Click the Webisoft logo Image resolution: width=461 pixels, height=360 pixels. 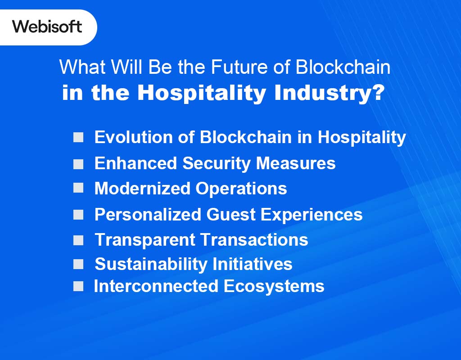[47, 27]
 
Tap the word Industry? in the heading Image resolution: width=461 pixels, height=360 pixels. [329, 93]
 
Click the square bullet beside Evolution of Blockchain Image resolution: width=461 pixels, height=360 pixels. [78, 137]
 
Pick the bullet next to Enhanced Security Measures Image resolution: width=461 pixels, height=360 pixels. [78, 164]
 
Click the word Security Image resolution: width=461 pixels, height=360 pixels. [216, 163]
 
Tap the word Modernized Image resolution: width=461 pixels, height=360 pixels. [142, 189]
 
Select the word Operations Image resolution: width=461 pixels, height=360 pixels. [241, 189]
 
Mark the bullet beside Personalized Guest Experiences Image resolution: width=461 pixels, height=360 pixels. [78, 215]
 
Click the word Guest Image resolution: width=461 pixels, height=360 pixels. [231, 214]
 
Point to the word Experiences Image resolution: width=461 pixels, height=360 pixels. [312, 215]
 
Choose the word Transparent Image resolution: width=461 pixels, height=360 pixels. [145, 240]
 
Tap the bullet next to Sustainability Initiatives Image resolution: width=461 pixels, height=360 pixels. [78, 264]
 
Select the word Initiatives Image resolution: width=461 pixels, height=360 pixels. [252, 264]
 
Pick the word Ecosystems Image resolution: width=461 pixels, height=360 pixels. [274, 287]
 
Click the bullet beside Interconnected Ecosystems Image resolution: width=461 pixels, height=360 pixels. [78, 286]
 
